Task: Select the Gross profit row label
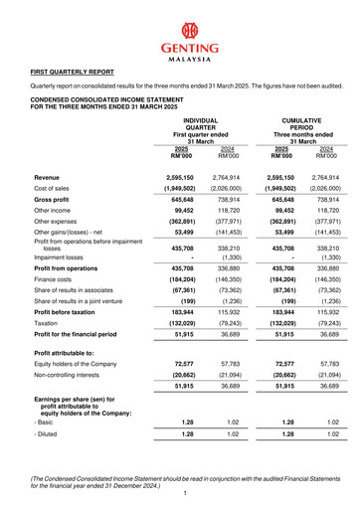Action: click(x=55, y=202)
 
